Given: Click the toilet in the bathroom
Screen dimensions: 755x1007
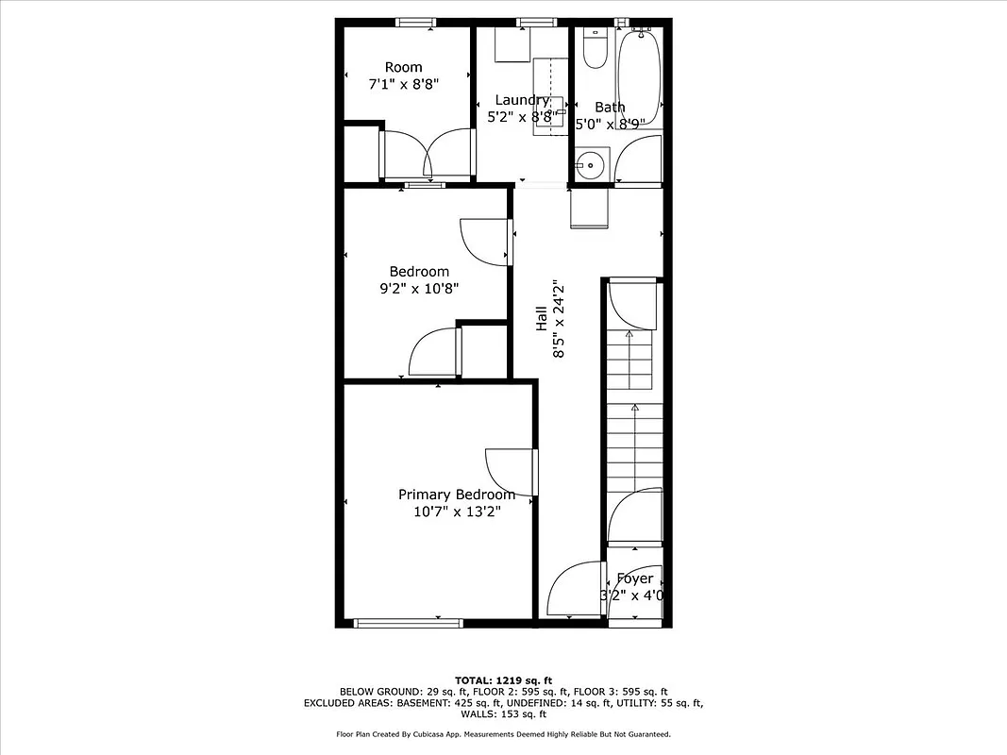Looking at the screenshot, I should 595,49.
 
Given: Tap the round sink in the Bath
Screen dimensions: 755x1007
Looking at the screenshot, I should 592,165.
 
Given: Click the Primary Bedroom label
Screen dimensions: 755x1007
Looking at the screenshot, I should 457,495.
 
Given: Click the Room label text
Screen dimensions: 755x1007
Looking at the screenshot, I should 403,67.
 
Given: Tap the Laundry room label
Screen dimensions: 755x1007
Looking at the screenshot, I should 522,100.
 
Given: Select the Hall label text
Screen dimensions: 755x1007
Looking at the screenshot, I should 542,317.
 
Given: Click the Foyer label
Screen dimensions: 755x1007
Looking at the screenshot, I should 634,579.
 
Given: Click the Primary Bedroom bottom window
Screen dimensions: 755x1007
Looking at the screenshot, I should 408,622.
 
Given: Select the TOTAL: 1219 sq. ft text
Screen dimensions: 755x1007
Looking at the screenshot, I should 503,679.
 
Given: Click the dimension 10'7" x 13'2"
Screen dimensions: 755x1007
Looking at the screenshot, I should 457,512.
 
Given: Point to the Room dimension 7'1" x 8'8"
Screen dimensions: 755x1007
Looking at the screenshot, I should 403,84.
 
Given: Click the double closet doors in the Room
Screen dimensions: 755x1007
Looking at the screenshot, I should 427,154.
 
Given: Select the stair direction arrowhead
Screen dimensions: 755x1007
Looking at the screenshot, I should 634,408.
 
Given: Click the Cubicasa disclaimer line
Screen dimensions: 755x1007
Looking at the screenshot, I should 503,733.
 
